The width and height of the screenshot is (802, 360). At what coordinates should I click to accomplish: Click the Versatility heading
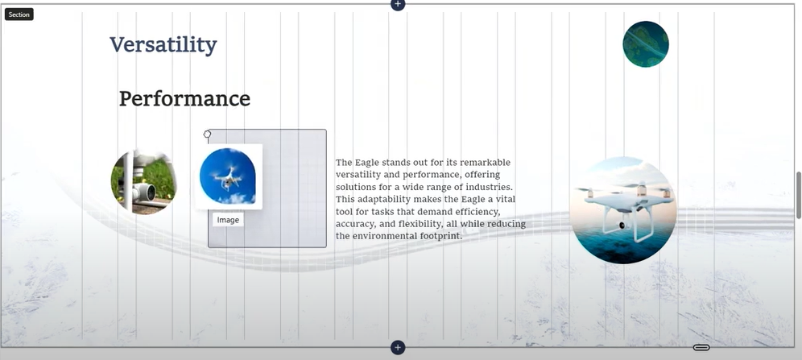163,45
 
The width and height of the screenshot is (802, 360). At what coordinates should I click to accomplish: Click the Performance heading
184,98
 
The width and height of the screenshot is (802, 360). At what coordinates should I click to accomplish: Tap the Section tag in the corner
19,14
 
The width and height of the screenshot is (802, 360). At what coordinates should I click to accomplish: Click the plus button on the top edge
398,4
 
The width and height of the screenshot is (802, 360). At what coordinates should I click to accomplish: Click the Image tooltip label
228,220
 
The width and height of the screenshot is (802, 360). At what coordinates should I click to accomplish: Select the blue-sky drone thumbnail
228,176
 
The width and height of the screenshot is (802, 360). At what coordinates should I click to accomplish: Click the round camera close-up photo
143,181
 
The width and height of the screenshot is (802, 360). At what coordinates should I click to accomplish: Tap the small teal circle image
646,44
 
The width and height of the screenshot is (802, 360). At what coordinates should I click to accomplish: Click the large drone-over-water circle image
623,210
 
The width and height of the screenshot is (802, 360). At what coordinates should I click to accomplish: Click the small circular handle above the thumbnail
207,134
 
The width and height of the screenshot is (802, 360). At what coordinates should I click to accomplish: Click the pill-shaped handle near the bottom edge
701,348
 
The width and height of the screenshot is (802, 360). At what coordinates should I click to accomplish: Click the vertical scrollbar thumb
799,196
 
